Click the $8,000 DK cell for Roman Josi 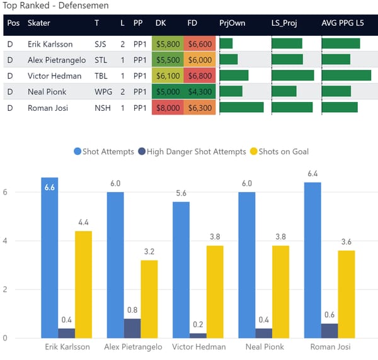tap(168, 108)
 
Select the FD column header tap(192, 23)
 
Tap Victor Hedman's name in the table tap(54, 76)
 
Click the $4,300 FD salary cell tap(200, 92)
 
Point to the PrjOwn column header tap(232, 23)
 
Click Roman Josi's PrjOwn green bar tap(241, 108)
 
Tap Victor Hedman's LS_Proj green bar tap(293, 76)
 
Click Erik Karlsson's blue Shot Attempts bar tap(49, 258)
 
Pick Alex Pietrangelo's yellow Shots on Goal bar tap(149, 299)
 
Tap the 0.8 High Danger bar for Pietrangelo tap(132, 329)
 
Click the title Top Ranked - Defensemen tap(55, 6)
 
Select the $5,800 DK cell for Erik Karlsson tap(168, 44)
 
